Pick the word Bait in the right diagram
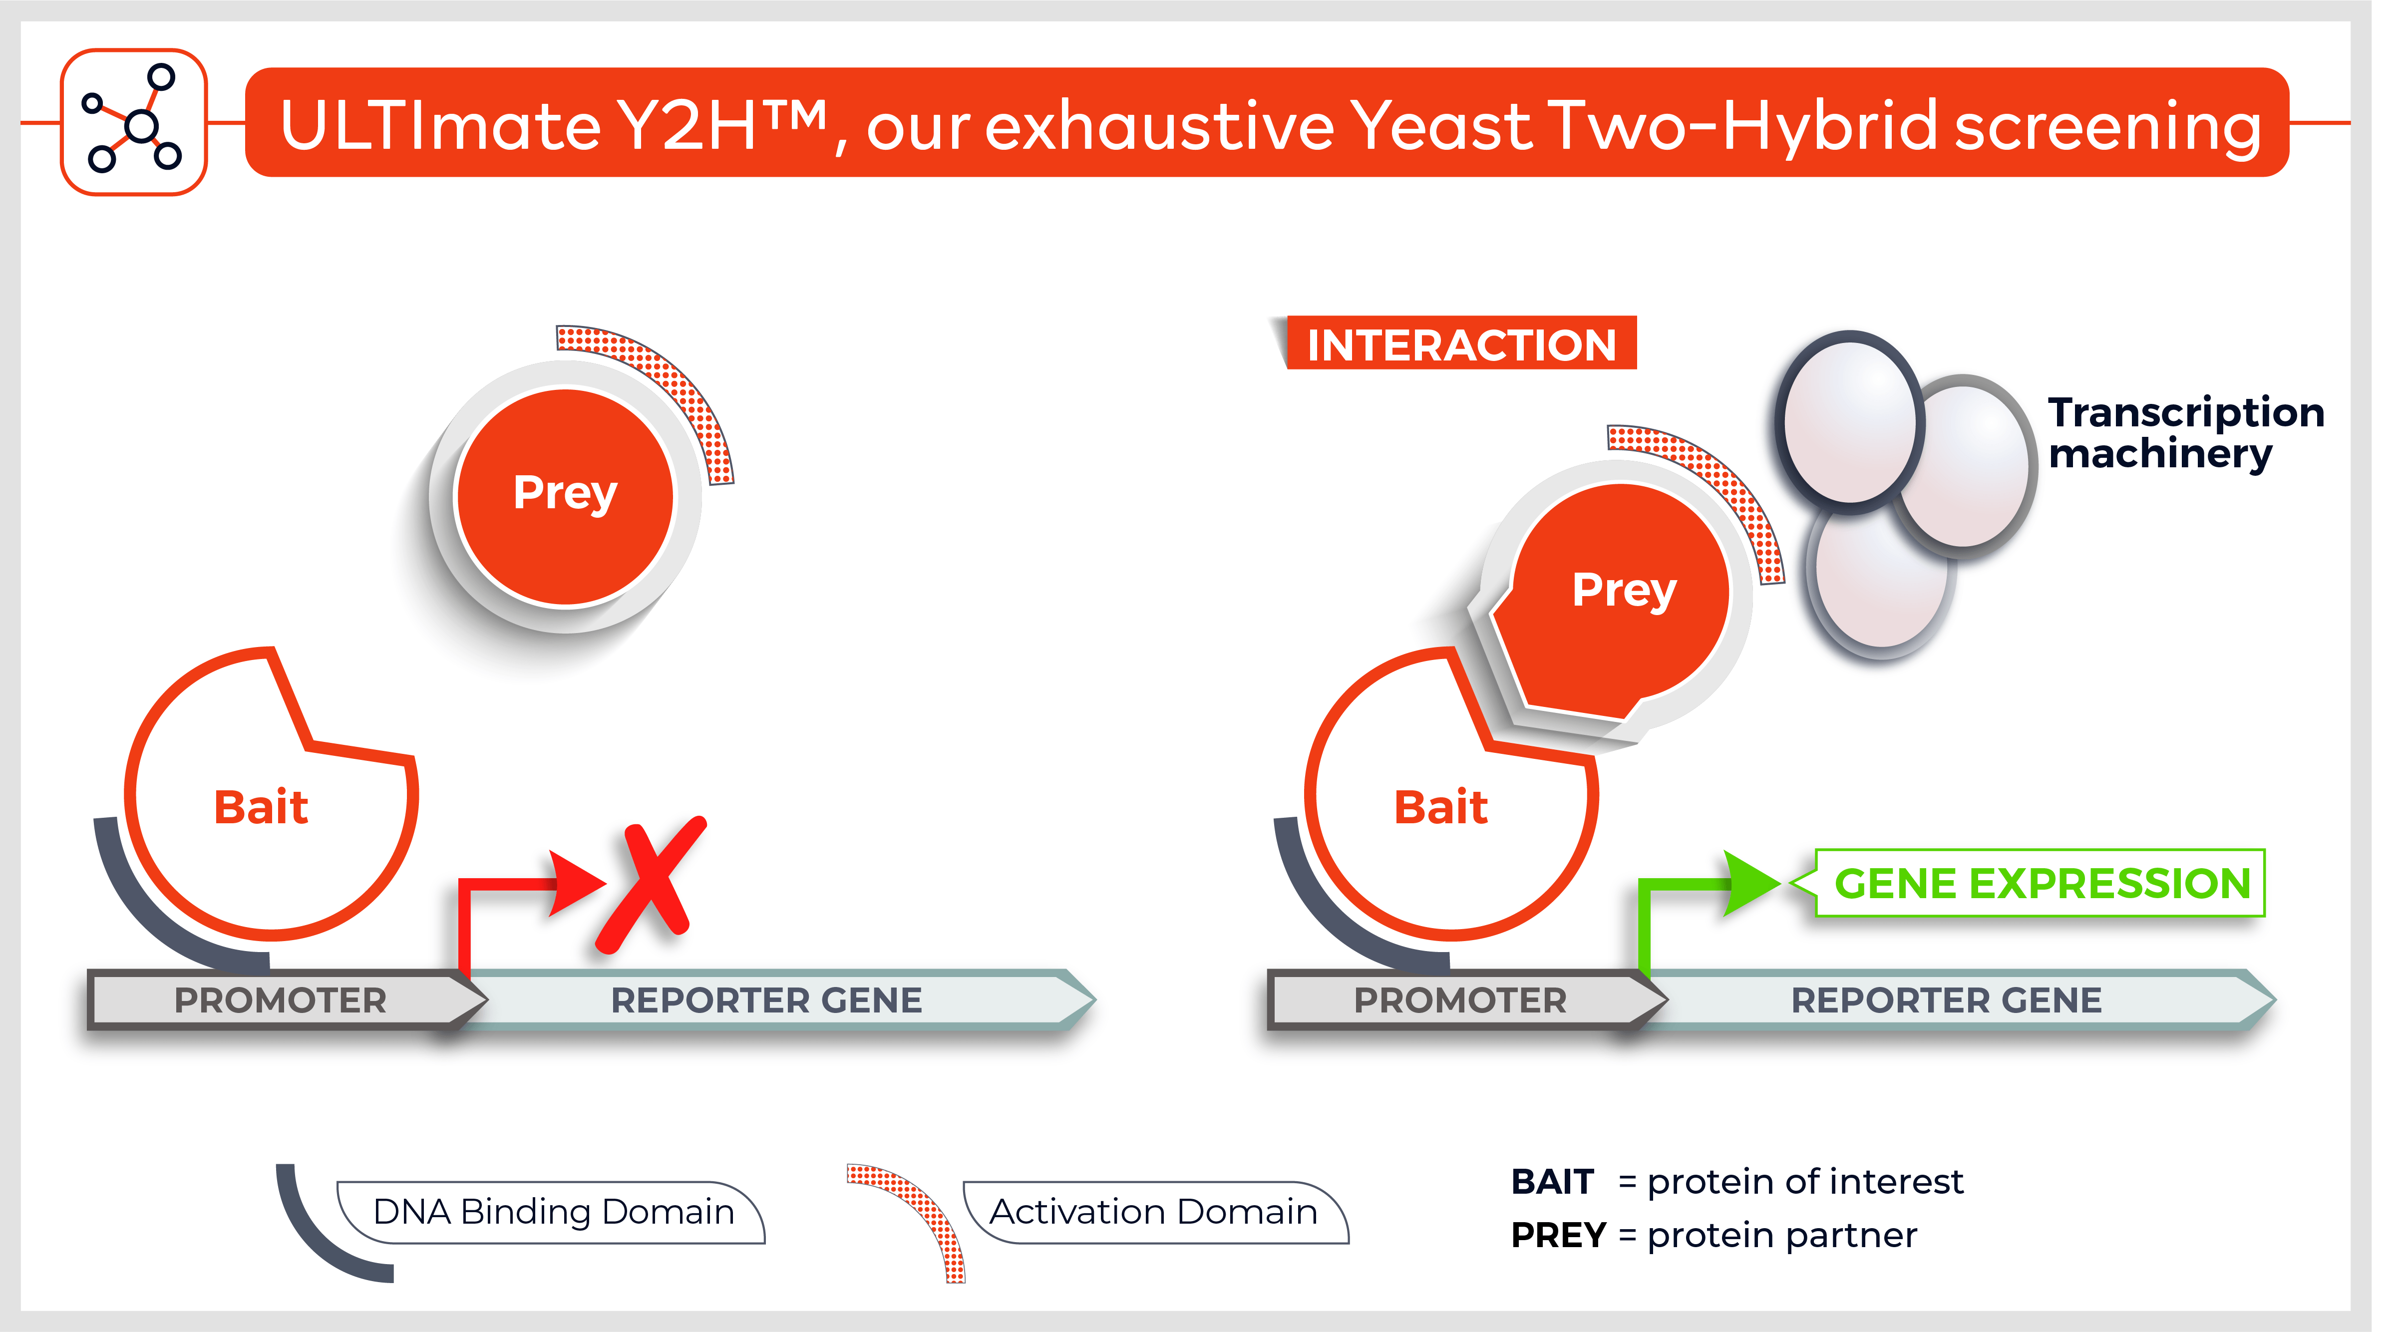[x=1440, y=807]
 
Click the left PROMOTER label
[x=281, y=1000]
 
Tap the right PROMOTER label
[x=1460, y=1000]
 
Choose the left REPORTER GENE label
[x=766, y=1000]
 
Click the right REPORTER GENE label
[x=1946, y=1000]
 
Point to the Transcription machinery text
[x=2185, y=433]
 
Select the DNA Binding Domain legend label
[x=553, y=1211]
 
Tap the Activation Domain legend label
[x=1153, y=1211]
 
